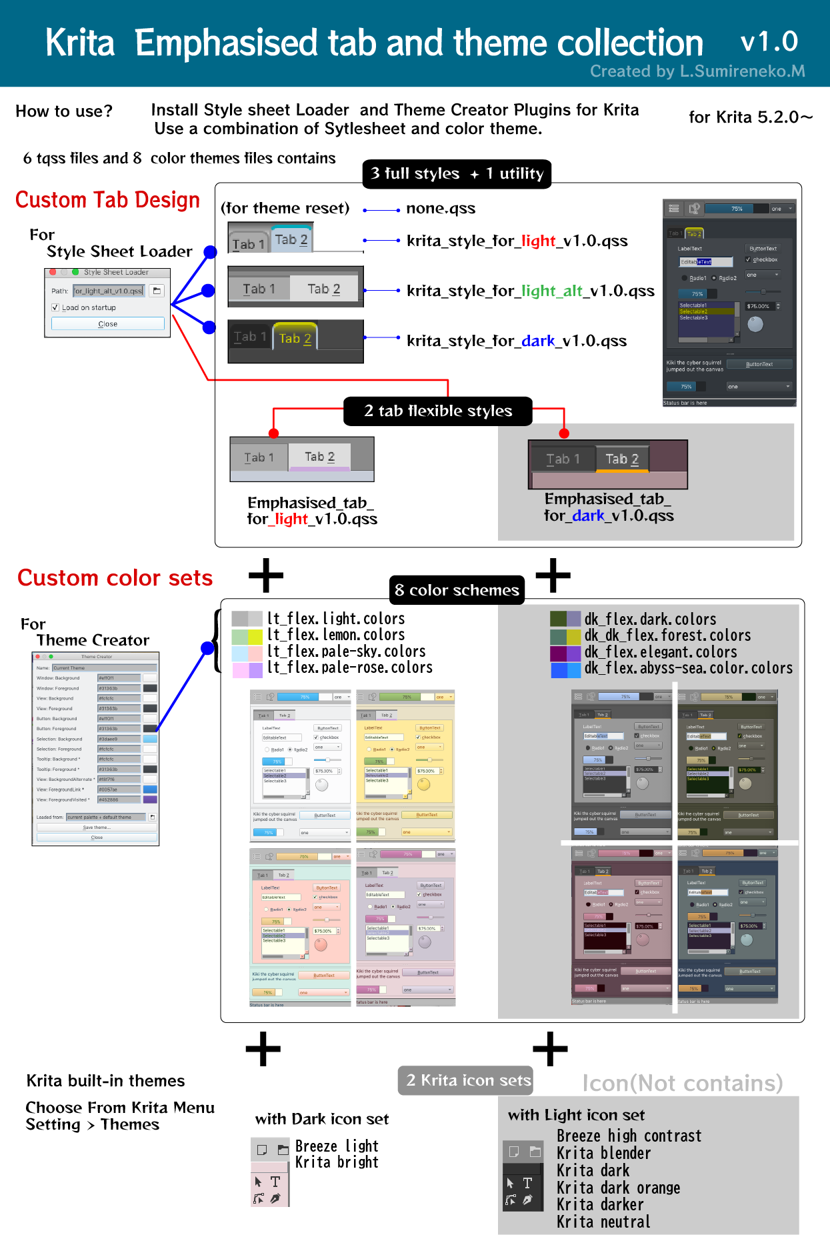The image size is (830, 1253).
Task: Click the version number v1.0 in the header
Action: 769,42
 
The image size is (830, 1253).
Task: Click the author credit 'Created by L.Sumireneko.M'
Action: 697,71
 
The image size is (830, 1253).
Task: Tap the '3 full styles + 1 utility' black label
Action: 457,174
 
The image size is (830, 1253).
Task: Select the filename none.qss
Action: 441,209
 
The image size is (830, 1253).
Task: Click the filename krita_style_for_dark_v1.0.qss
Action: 517,341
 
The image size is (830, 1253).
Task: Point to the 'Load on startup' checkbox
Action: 55,307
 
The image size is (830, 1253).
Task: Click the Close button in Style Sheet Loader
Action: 107,324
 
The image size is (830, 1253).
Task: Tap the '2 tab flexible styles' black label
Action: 438,411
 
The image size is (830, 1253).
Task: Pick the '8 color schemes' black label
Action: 457,590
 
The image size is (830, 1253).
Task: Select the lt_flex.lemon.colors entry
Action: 335,635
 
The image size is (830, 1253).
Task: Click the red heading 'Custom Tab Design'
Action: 107,200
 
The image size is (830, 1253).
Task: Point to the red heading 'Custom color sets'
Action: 115,578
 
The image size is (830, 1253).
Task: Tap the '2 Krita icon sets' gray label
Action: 468,1080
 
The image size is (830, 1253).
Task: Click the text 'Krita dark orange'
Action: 618,1188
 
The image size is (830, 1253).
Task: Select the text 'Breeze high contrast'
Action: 629,1136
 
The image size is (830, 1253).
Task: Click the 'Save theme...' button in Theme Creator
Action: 97,828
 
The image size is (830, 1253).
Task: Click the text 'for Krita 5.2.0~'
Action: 751,117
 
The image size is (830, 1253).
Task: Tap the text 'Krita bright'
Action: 337,1162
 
